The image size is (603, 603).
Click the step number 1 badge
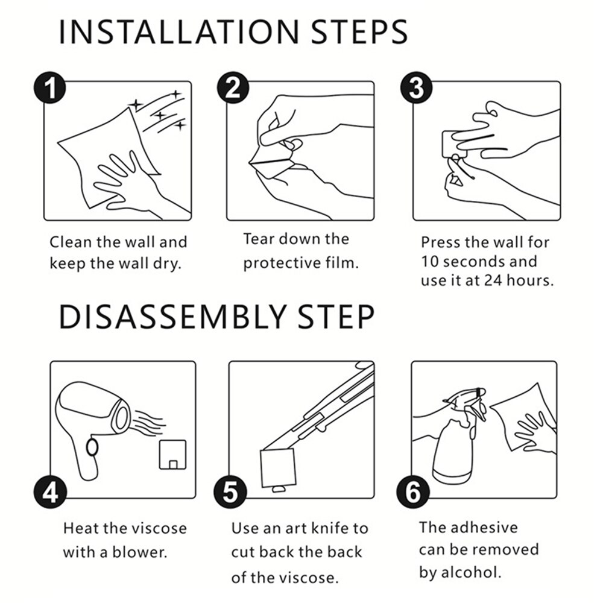coord(49,87)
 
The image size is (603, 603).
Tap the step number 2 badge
coord(233,87)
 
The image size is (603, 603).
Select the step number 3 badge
coord(417,87)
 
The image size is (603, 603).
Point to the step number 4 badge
coord(50,492)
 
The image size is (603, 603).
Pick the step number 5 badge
coord(230,492)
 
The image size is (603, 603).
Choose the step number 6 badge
coord(412,492)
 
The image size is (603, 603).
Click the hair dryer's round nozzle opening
coord(122,417)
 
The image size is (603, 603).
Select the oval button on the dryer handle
coord(92,447)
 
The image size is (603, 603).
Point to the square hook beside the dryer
coord(173,455)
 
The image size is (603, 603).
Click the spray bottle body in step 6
coord(452,454)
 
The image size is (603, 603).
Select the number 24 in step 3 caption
coord(493,281)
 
